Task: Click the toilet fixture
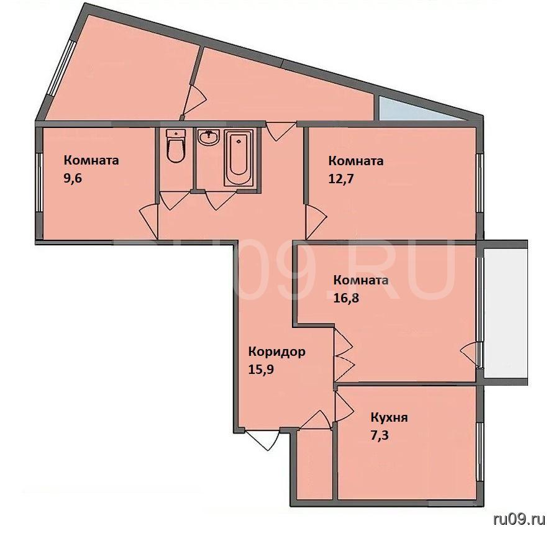click(x=176, y=145)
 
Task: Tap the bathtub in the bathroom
click(x=239, y=157)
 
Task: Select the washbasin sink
click(x=209, y=137)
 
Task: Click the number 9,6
click(x=73, y=178)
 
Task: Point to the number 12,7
click(x=341, y=178)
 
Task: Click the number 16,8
click(x=346, y=298)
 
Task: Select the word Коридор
click(x=276, y=352)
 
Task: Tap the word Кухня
click(x=389, y=417)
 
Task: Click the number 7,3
click(x=380, y=435)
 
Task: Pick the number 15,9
click(x=261, y=370)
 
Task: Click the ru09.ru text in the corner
click(x=519, y=519)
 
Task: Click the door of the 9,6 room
click(x=149, y=221)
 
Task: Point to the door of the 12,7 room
click(x=315, y=222)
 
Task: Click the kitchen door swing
click(x=344, y=407)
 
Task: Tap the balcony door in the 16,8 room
click(x=469, y=354)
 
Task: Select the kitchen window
click(x=480, y=452)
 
